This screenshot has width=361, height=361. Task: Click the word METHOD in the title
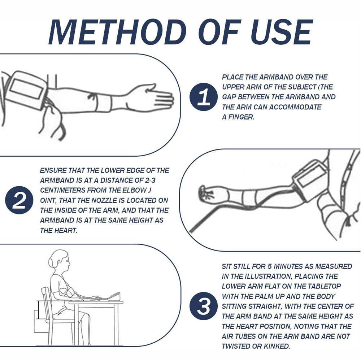point(118,32)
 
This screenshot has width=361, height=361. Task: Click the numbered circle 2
point(19,200)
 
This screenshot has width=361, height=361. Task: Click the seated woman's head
point(60,261)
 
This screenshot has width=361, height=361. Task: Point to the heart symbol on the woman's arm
point(63,290)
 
